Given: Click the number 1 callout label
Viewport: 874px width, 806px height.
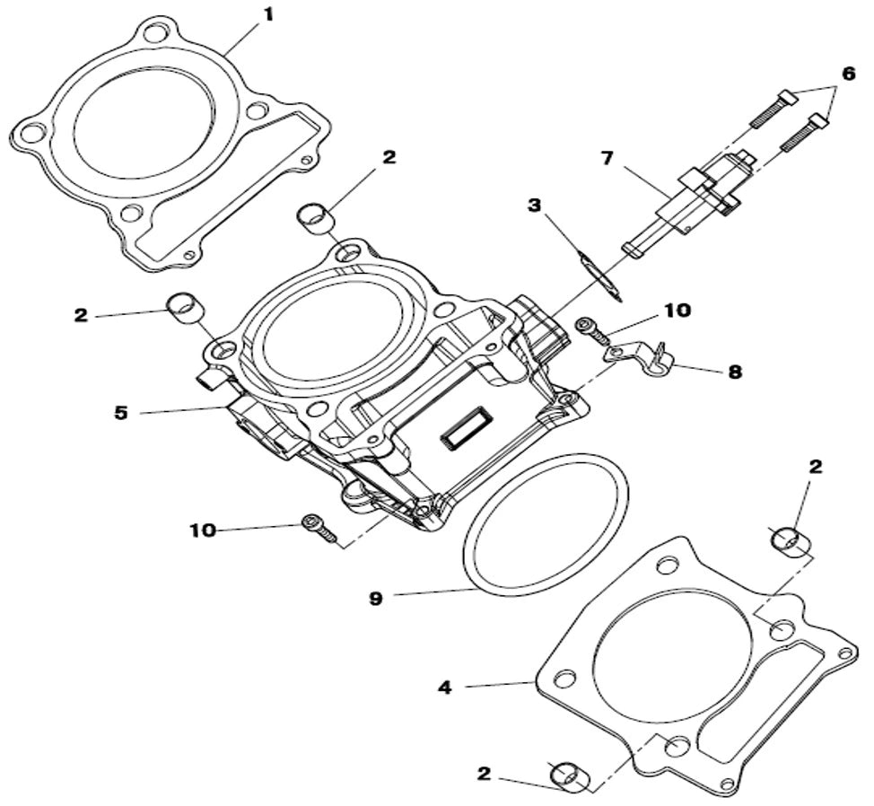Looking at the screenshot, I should (x=267, y=14).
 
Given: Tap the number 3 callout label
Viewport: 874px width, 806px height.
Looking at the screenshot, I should (x=535, y=206).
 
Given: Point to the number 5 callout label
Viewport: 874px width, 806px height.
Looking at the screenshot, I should (x=120, y=413).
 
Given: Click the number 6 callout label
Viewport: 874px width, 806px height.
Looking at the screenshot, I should (x=848, y=74).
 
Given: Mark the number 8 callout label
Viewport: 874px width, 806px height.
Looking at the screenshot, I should (x=734, y=371).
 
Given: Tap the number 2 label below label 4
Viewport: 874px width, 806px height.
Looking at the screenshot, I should (x=485, y=773).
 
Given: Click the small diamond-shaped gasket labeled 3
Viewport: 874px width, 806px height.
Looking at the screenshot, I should (x=599, y=276).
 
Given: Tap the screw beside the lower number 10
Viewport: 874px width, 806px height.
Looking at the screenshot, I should (x=319, y=528).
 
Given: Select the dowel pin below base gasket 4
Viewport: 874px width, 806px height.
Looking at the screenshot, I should (x=571, y=776).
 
